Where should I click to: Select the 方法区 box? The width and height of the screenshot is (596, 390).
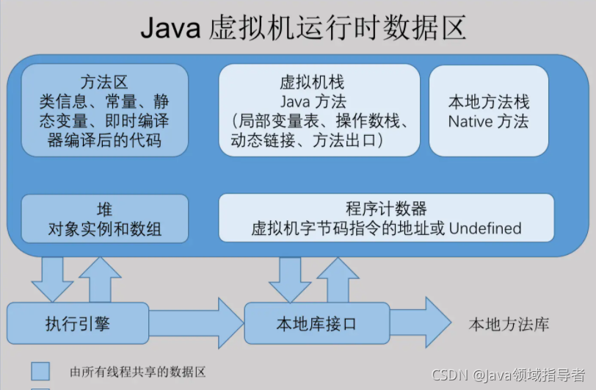click(x=104, y=110)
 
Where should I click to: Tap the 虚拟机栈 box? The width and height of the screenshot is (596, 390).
click(x=319, y=110)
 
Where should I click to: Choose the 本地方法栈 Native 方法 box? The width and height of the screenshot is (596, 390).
click(x=488, y=110)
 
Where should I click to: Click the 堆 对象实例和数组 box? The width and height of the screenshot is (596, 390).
click(x=104, y=218)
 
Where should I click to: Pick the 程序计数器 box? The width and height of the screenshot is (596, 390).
click(x=386, y=218)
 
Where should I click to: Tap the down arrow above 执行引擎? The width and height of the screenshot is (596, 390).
click(x=52, y=277)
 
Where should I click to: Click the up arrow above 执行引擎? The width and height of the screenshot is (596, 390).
click(x=99, y=277)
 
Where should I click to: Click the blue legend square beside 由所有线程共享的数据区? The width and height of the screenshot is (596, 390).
click(x=40, y=370)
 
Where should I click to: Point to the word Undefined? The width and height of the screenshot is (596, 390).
click(x=485, y=228)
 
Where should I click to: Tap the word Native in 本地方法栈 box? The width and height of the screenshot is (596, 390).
click(x=468, y=121)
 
